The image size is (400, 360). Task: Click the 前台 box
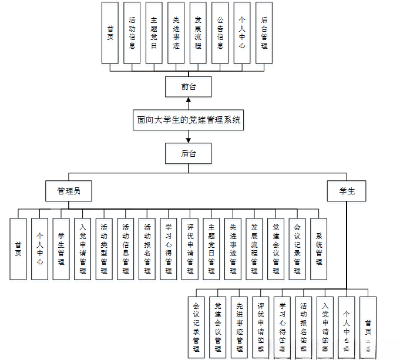pos(188,87)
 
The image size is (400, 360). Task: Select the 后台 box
pos(188,153)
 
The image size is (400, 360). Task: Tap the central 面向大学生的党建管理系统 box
pos(189,120)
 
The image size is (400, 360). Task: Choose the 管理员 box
pos(69,191)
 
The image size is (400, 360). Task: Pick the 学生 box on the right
pos(347,191)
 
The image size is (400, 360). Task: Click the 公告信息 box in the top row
pos(220,33)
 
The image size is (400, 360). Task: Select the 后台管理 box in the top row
pos(264,33)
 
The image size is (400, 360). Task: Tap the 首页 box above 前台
pos(110,33)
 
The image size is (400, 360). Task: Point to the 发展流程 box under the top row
pos(198,33)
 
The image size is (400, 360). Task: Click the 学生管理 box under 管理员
pos(61,248)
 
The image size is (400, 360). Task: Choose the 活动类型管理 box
pos(104,248)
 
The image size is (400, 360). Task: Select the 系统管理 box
pos(318,248)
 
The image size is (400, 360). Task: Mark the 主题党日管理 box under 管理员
pos(211,248)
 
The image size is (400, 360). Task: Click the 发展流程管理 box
pos(254,248)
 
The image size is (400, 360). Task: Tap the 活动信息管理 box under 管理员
pos(126,248)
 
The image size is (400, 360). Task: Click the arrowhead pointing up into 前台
pos(188,101)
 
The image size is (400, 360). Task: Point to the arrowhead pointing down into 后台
pos(188,140)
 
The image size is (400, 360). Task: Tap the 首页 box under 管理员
pos(18,248)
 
